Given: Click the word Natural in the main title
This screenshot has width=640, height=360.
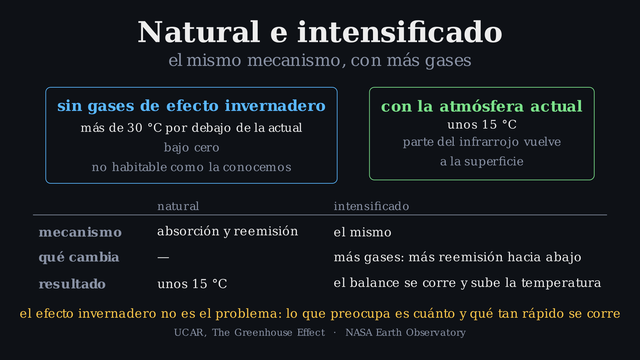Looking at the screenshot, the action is (199, 32).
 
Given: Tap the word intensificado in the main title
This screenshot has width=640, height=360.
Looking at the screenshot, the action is (400, 32).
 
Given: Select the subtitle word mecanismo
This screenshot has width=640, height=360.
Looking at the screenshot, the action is (294, 60).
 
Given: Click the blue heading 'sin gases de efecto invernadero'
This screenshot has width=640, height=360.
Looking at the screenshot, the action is (191, 106).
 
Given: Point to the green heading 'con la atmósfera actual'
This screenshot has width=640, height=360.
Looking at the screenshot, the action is (482, 106).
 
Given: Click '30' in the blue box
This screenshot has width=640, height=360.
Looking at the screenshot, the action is (135, 128).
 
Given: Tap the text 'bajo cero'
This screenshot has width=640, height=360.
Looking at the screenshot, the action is (191, 148).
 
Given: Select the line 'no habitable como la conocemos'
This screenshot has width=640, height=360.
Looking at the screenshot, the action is (191, 167).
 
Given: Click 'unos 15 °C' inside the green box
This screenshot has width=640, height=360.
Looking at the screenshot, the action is (482, 125).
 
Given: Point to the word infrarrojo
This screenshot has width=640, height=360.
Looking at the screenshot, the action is (489, 142).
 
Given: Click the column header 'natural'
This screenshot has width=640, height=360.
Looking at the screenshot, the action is (178, 206).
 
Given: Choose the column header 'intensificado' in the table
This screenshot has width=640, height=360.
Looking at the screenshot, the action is (371, 206).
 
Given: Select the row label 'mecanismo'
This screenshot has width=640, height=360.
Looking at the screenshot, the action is (80, 232).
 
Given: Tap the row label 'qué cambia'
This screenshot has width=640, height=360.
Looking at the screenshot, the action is (79, 257).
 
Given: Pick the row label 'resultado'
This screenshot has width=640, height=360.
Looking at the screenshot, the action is (72, 284).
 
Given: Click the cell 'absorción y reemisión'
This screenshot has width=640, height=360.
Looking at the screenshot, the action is (228, 231).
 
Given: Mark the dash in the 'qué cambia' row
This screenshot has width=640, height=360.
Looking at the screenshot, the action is (163, 258).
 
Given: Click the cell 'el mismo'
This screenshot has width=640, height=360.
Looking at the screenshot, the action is (362, 232).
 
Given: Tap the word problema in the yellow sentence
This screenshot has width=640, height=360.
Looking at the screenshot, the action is (246, 314).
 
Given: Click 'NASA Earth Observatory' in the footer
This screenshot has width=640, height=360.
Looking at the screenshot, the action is (405, 333).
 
